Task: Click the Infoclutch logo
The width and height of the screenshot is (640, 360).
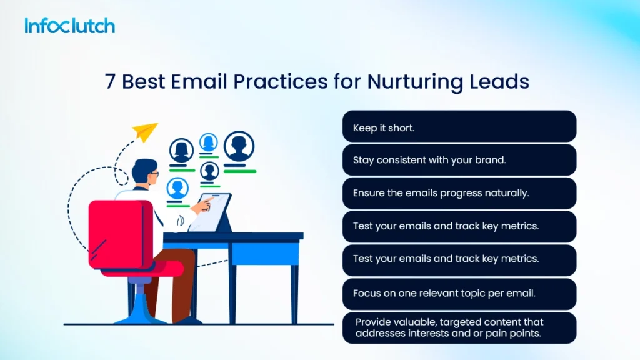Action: pos(70,26)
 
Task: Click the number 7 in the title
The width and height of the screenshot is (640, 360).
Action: pos(111,82)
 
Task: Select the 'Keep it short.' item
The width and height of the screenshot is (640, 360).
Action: pos(459,127)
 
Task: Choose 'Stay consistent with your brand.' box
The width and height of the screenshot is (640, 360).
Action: pos(459,160)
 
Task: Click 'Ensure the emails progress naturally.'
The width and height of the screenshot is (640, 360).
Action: pos(459,193)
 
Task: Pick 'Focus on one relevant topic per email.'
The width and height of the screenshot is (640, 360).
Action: pos(459,292)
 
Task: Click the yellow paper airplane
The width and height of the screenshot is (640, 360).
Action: pos(145,131)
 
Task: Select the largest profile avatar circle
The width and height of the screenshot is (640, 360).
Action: pos(239,147)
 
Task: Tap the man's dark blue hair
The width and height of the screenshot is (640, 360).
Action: pos(143,167)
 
